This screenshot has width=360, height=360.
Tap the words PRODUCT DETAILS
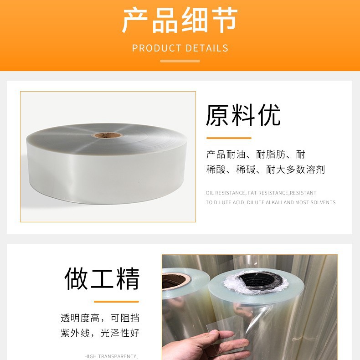[x=180, y=48]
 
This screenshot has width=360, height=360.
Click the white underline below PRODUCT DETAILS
[x=180, y=61]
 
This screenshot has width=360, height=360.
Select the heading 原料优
[x=243, y=115]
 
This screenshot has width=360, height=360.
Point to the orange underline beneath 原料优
[x=229, y=138]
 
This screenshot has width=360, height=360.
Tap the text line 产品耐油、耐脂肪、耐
[x=256, y=154]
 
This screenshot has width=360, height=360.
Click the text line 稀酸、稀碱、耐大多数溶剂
[x=265, y=170]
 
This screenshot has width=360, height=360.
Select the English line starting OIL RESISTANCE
[x=261, y=193]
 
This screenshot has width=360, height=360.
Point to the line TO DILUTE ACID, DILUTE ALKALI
[x=271, y=202]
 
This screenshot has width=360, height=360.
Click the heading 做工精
[x=102, y=278]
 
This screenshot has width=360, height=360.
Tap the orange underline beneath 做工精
[x=116, y=301]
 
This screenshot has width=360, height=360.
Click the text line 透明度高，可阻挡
[x=100, y=318]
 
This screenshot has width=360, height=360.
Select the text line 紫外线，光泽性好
[x=100, y=333]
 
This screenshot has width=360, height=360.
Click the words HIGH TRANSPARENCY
[x=111, y=356]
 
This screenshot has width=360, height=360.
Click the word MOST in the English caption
[x=303, y=202]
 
